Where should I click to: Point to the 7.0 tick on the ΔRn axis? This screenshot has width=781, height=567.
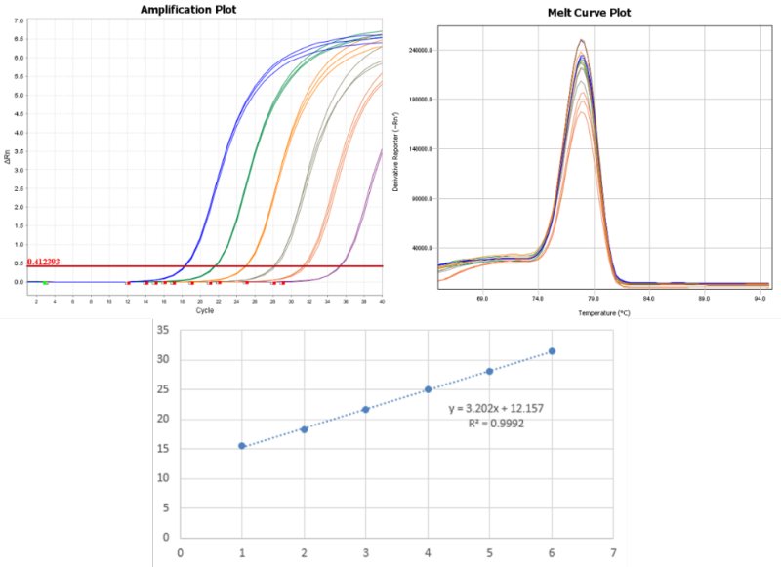(18, 20)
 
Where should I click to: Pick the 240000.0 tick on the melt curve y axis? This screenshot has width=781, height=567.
(419, 50)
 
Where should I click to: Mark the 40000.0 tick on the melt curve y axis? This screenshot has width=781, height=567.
(421, 248)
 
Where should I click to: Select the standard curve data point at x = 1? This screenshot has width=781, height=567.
(241, 446)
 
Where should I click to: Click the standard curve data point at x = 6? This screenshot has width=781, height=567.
(552, 351)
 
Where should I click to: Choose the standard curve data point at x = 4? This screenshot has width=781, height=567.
(428, 389)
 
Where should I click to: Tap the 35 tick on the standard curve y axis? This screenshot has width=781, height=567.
(163, 330)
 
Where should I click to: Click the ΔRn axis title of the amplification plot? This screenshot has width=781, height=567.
(7, 151)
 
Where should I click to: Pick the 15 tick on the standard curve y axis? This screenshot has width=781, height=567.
(163, 448)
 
